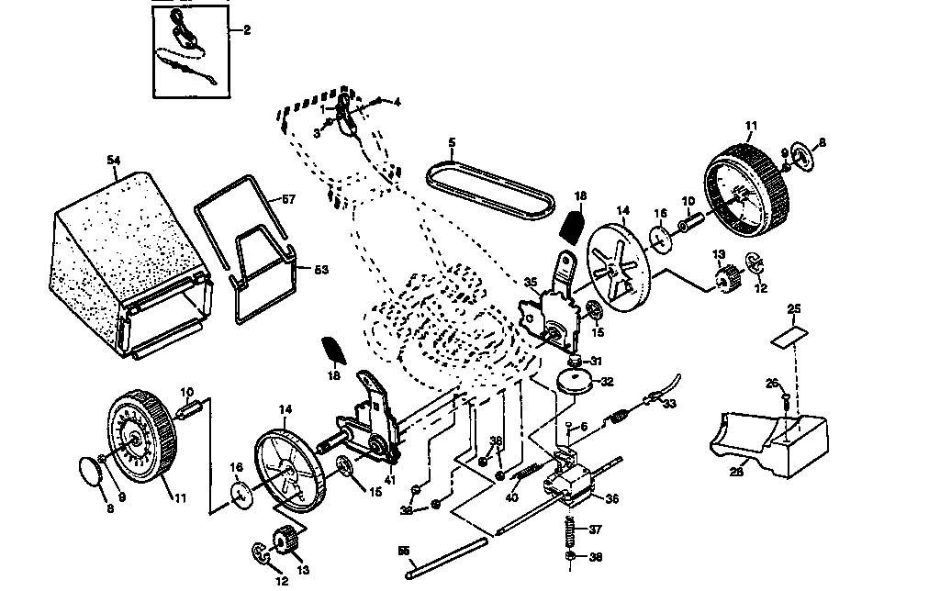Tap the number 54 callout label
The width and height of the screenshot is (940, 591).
114,161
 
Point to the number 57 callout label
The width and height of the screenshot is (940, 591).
288,198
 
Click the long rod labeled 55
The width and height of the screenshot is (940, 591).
445,559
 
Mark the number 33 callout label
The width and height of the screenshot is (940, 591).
669,404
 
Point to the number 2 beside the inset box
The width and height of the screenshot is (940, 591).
247,30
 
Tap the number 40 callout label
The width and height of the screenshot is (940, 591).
511,499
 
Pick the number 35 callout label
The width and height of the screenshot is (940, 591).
530,283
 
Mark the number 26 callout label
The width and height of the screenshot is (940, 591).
771,383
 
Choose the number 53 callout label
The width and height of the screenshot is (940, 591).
321,270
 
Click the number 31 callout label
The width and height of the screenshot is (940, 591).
596,360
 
